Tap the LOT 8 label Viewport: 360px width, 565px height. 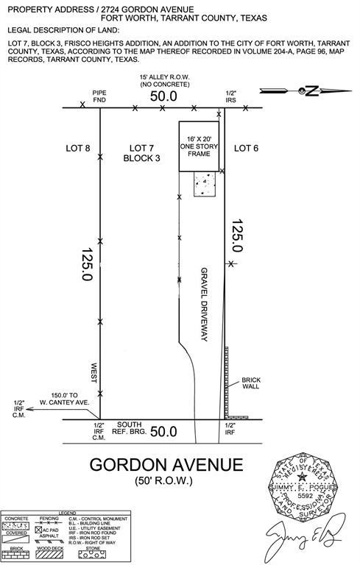(x=77, y=149)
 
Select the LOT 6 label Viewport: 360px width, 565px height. (x=247, y=149)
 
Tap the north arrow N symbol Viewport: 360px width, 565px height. (x=310, y=91)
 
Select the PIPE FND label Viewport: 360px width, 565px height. (x=100, y=96)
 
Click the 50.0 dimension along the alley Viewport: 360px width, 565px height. (x=163, y=96)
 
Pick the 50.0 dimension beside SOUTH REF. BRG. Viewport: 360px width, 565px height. (x=163, y=432)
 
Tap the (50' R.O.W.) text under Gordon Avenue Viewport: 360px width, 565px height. (x=163, y=482)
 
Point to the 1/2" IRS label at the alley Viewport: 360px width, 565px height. (x=230, y=96)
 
